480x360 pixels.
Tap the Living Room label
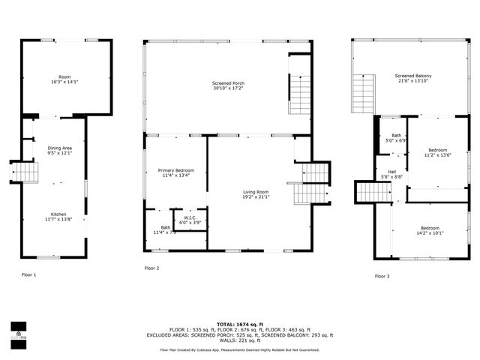coord(256,193)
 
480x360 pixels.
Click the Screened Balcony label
coord(413,76)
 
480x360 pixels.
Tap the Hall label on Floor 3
coord(391,172)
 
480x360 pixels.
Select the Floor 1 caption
coord(28,275)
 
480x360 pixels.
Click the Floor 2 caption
coord(152,268)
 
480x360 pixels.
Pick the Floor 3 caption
coord(382,276)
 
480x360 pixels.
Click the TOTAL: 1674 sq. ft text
coord(239,322)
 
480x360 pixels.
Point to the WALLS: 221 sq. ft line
coord(239,340)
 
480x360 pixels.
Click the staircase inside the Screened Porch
coord(299,94)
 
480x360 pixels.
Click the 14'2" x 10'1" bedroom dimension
coord(430,232)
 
